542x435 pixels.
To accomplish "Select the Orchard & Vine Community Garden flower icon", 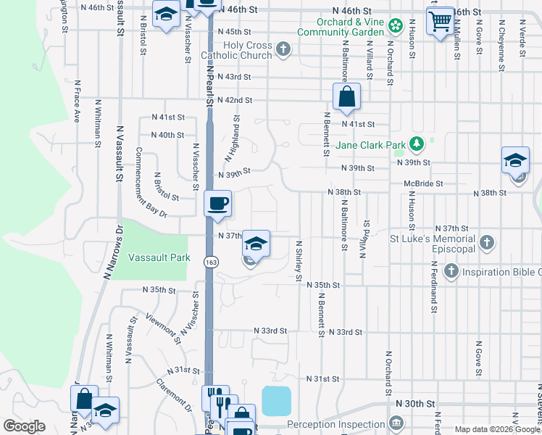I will [x=395, y=28].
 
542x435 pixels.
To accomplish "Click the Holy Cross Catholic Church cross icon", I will [x=283, y=50].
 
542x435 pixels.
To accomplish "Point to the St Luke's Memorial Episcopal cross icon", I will [x=488, y=244].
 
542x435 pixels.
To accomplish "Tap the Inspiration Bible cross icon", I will [x=451, y=272].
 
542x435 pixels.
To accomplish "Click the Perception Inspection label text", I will [x=335, y=423].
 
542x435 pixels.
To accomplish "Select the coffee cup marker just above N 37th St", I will [x=217, y=203].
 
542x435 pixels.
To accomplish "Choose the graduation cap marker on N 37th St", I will [x=256, y=243].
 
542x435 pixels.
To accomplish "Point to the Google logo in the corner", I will [x=24, y=426].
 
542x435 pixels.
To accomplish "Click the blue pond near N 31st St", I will [x=276, y=400].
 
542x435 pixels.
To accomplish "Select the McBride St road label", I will [x=422, y=183].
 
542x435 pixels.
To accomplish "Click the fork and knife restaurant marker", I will [x=215, y=398].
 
